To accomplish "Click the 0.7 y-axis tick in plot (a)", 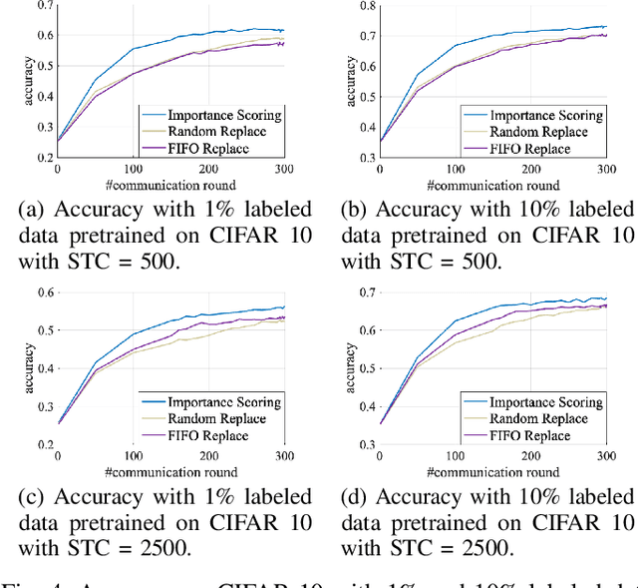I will (44, 7).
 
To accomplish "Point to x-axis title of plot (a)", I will (176, 186).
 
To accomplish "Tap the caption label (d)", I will (356, 496).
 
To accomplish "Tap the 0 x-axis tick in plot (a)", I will (58, 172).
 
